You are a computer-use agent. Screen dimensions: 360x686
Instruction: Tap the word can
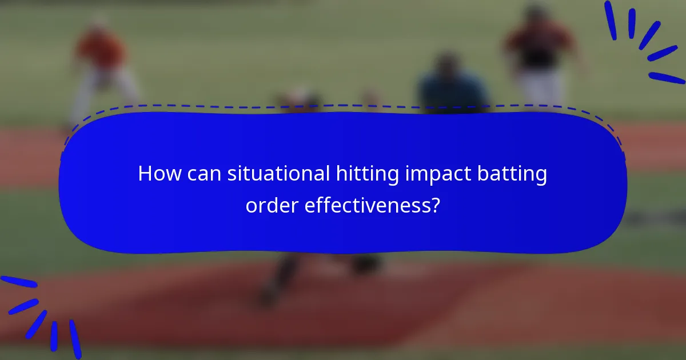tap(204, 174)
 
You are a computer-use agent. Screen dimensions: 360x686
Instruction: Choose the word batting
tap(514, 174)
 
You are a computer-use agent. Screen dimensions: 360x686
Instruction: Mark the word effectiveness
tap(365, 205)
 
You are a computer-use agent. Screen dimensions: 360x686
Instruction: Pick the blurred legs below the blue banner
tap(280, 277)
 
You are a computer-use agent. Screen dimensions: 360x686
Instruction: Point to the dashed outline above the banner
tap(343, 106)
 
